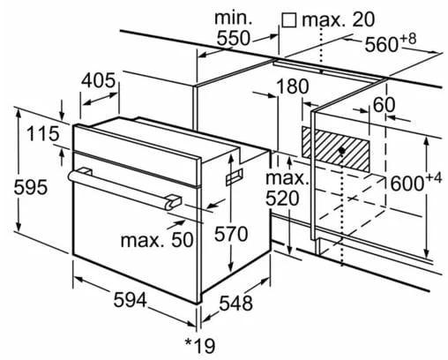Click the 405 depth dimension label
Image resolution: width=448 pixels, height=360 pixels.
coord(99,80)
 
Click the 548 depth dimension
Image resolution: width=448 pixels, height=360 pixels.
coord(234,304)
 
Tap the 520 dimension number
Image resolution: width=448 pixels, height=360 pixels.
coord(283,199)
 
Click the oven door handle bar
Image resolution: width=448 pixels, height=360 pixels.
coord(123,185)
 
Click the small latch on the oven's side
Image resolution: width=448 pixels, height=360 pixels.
coord(235,179)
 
